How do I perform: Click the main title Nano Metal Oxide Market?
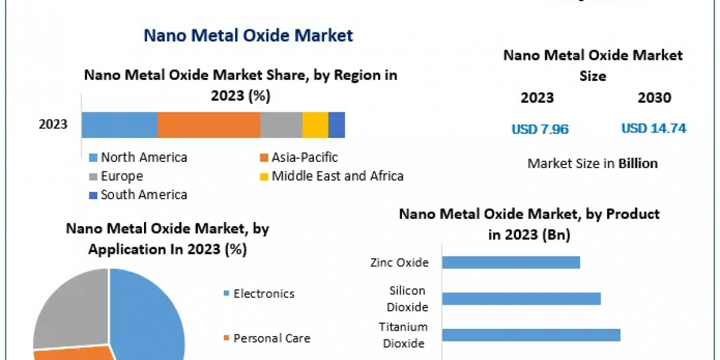248,35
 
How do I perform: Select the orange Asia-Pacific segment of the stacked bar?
208,125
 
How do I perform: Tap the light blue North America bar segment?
119,125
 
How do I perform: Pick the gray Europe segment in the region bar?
281,125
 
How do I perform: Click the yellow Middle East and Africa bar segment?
315,125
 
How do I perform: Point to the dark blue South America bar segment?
337,125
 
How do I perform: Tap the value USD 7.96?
539,128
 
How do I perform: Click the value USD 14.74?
653,128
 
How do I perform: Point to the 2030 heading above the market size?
654,98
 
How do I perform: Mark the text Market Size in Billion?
592,163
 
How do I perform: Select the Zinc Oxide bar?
511,262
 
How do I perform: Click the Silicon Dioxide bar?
521,299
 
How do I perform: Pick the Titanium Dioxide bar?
531,335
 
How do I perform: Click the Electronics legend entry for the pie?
263,293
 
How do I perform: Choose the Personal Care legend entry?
271,338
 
